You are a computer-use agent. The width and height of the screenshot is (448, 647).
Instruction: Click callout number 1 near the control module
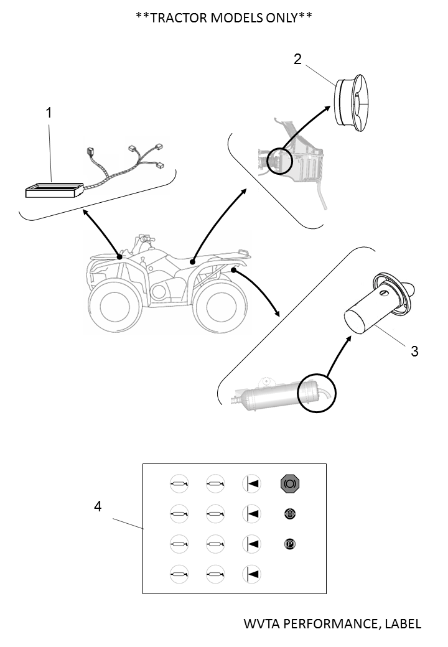pos(49,113)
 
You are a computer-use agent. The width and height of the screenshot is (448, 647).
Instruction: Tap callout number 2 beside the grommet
pos(298,59)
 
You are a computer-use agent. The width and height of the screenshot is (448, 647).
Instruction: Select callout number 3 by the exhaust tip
pos(414,351)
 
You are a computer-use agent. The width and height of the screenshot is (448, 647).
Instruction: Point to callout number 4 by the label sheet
pos(97,506)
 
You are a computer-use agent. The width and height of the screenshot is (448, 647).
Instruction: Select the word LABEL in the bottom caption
pos(401,623)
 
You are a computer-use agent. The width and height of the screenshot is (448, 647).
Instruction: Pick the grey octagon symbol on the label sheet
pos(289,482)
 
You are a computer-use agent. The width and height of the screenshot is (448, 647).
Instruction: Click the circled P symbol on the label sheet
pos(289,544)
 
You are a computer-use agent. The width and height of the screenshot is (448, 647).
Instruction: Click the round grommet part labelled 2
pos(352,103)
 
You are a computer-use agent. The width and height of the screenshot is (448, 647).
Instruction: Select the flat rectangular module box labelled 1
pos(54,190)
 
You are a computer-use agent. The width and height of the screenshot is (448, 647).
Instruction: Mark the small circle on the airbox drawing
pos(280,162)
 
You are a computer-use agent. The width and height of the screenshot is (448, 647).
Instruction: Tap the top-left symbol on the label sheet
pos(179,482)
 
